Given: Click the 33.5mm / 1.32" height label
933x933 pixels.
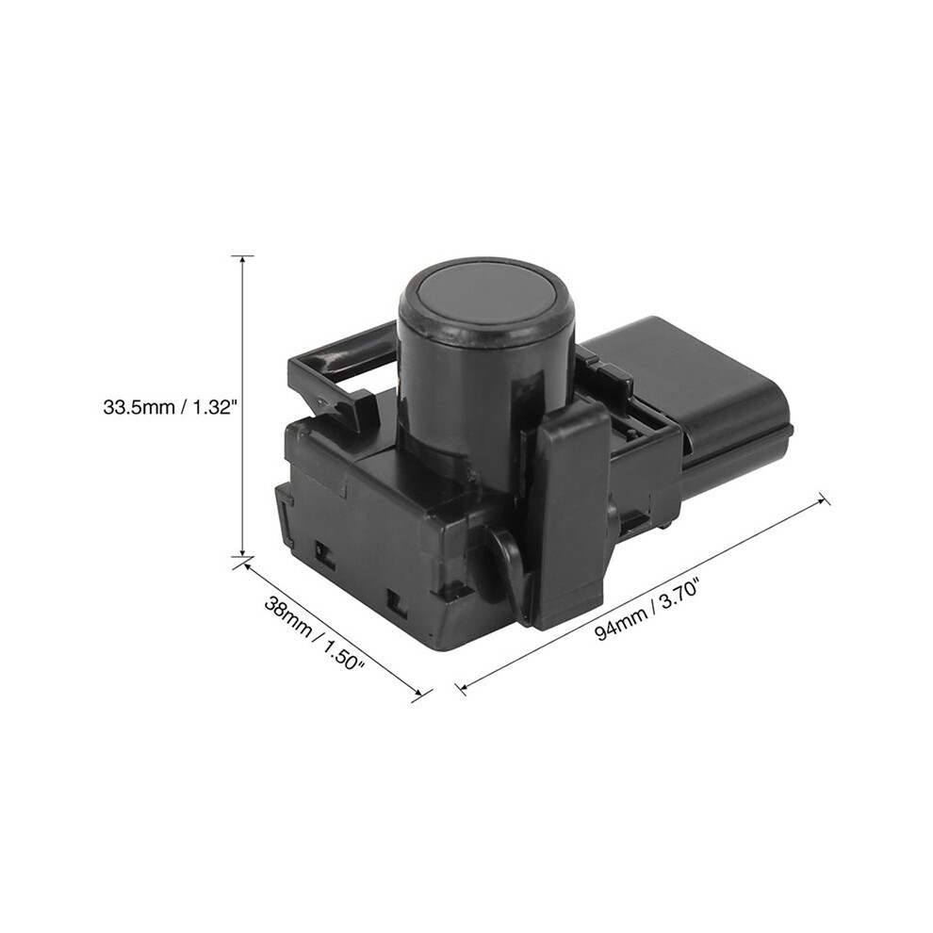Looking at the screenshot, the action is [x=171, y=407].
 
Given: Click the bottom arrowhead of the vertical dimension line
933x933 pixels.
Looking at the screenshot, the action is [x=242, y=551].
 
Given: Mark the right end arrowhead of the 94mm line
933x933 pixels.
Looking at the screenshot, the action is [x=824, y=499].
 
